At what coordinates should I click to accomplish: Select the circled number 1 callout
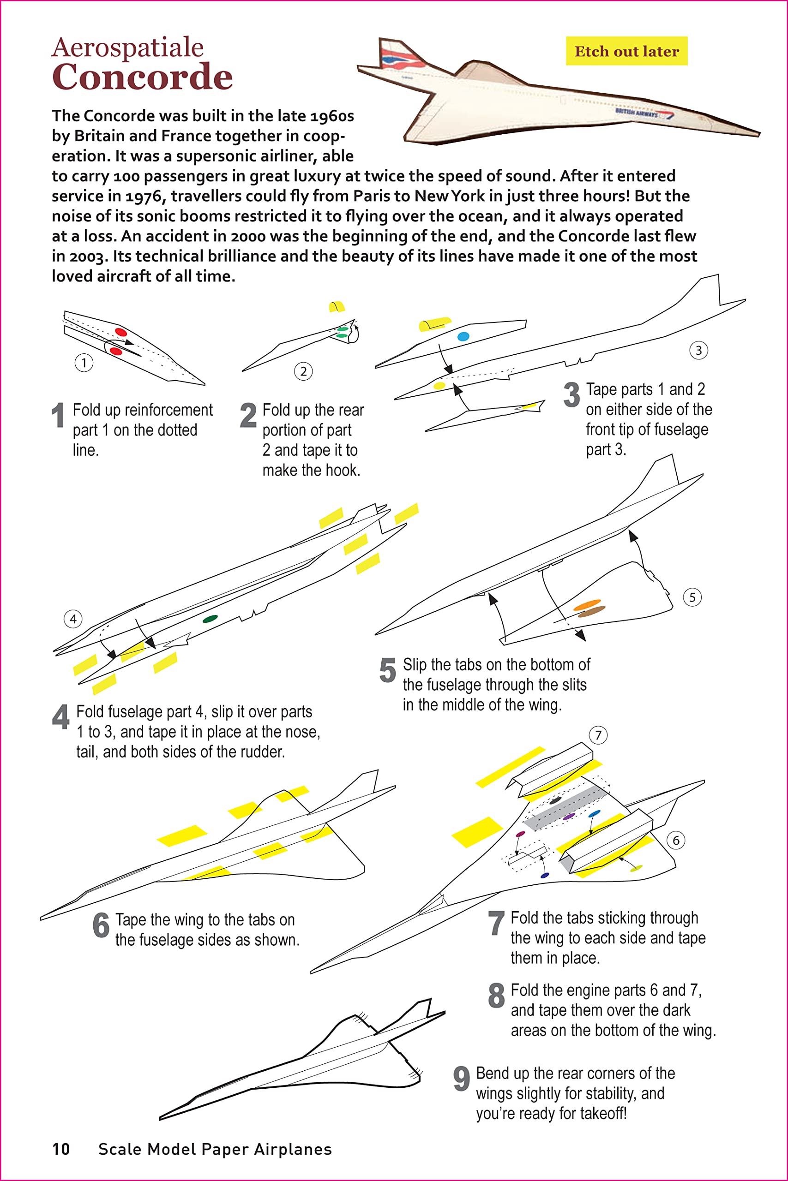pyautogui.click(x=84, y=363)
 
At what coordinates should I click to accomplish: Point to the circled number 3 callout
pyautogui.click(x=698, y=350)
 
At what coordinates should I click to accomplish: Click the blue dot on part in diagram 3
pyautogui.click(x=463, y=336)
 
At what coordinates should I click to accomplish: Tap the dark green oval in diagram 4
pyautogui.click(x=210, y=619)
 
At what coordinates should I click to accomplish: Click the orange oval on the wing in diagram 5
pyautogui.click(x=587, y=604)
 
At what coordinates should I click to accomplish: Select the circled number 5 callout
pyautogui.click(x=692, y=597)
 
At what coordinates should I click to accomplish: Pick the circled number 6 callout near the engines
pyautogui.click(x=676, y=840)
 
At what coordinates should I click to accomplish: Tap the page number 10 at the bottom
pyautogui.click(x=61, y=1149)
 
